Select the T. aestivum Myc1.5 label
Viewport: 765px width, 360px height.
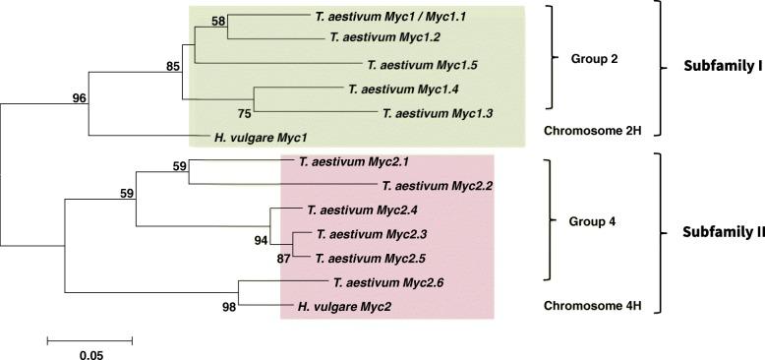point(422,65)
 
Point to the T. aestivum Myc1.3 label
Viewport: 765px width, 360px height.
point(440,113)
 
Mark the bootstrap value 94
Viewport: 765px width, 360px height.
point(261,239)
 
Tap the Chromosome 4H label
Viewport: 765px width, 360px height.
point(593,306)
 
